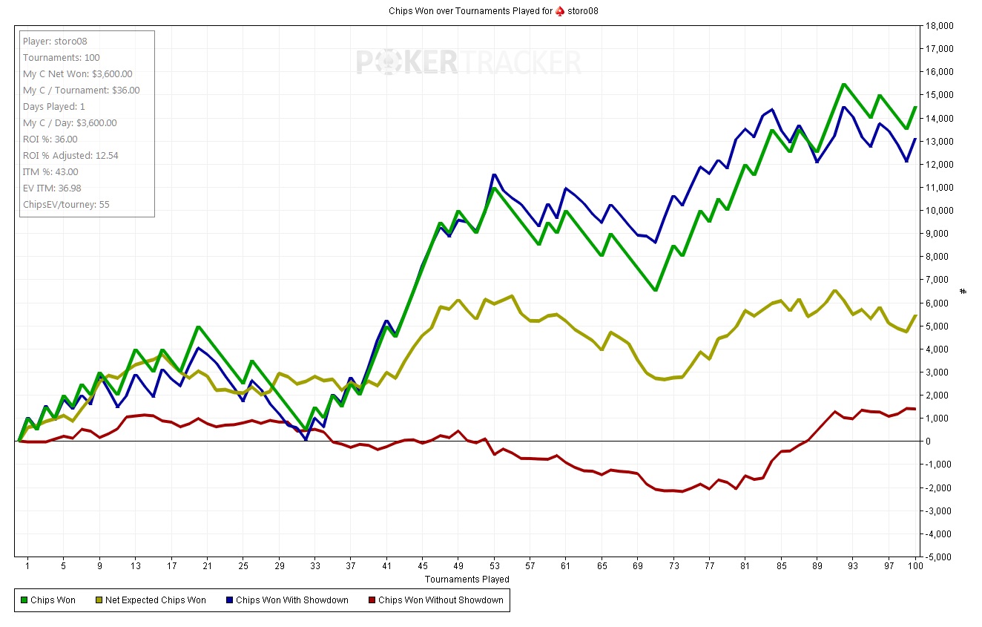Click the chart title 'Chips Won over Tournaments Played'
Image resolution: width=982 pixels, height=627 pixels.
[470, 10]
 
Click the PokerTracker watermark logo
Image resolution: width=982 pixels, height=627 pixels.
[468, 62]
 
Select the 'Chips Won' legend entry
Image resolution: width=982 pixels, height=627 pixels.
[52, 600]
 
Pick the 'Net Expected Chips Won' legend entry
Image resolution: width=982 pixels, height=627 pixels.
[154, 600]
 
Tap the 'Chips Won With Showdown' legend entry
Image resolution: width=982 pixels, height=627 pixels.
[291, 600]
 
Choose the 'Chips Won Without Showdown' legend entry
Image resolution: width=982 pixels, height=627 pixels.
[440, 600]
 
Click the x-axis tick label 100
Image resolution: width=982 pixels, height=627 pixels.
[915, 567]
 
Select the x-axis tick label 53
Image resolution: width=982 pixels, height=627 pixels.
[493, 567]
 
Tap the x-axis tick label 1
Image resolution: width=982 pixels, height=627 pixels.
[27, 567]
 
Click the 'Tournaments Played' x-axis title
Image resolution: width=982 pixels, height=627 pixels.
[467, 579]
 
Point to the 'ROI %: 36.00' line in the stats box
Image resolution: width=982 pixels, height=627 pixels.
[50, 139]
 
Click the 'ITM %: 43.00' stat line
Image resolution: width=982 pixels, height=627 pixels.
[50, 171]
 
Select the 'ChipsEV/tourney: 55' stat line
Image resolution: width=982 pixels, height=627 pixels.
[66, 204]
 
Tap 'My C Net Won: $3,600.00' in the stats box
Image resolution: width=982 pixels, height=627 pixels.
[77, 73]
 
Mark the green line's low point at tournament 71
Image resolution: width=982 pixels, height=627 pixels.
[655, 290]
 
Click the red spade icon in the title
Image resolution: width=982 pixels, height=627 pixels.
[560, 10]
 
